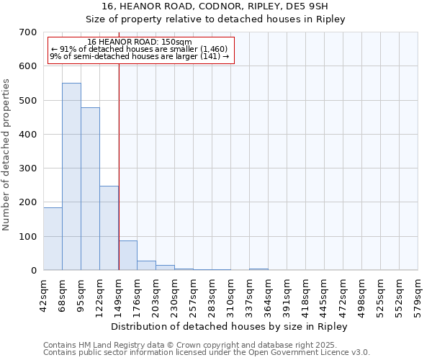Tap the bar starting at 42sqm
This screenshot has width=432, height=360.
53,238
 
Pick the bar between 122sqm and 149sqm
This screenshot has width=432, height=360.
109,228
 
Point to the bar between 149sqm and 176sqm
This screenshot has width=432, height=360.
127,256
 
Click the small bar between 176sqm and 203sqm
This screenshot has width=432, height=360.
146,266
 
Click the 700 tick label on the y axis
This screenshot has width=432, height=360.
28,32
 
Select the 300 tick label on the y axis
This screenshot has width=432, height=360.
28,168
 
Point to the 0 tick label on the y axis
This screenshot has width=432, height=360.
33,271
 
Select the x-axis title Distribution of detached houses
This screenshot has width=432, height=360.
230,326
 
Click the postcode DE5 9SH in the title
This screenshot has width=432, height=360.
311,6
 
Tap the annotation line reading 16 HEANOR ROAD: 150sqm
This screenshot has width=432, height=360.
140,42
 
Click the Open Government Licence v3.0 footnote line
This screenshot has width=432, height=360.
207,353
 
